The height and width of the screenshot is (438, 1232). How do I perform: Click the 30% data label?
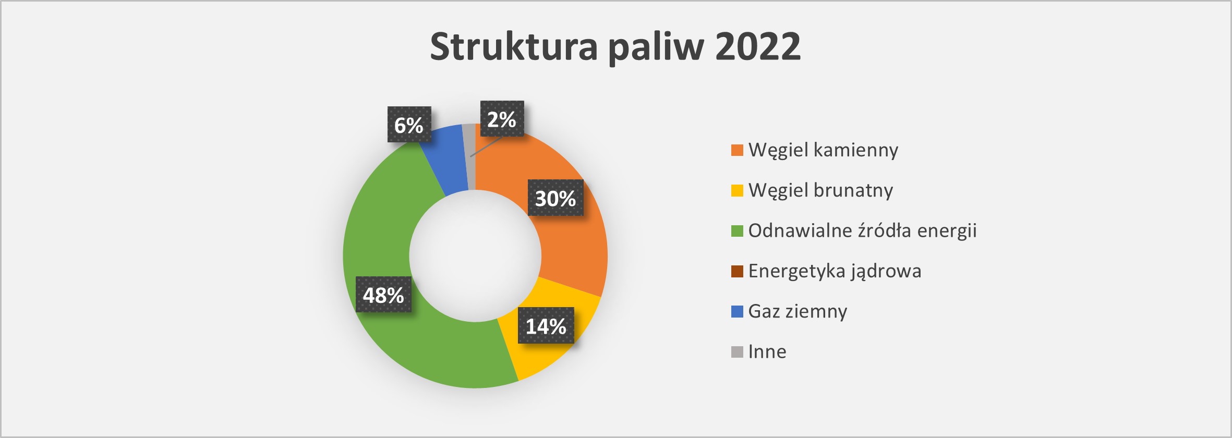coord(555,198)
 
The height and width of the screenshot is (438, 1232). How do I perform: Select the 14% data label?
coord(546,325)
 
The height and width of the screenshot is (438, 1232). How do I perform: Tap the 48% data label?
coord(383,295)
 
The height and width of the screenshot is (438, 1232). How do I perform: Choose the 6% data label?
coord(409,124)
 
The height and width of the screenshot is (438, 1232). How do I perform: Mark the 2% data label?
coord(502,119)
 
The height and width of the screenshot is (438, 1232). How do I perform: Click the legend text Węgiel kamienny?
coord(823,150)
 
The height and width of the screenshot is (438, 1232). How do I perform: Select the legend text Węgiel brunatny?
coord(820,190)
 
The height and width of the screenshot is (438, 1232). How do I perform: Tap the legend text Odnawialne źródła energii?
coord(862,230)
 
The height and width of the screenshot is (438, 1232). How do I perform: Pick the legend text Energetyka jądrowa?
coord(835,271)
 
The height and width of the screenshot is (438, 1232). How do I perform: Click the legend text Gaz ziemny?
coord(798,311)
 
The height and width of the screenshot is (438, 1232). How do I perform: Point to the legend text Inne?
coord(767,351)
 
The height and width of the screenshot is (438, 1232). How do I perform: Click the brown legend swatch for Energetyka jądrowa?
coord(737,271)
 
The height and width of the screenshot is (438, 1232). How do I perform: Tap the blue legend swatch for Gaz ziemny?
coord(737,311)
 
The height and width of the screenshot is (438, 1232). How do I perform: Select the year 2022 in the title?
coord(757,46)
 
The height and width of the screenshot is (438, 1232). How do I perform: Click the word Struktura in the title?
coord(514,46)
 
